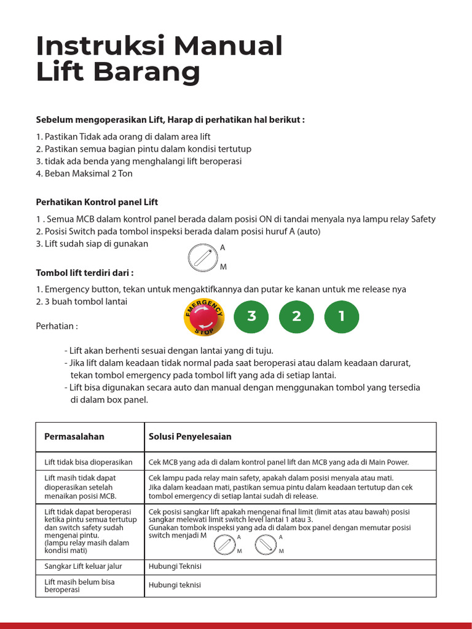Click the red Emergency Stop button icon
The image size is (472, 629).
[204, 317]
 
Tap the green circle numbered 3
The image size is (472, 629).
[251, 316]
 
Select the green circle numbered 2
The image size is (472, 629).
[297, 316]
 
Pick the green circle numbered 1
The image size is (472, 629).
[342, 316]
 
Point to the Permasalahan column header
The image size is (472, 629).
[74, 437]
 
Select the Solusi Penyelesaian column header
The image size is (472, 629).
[190, 437]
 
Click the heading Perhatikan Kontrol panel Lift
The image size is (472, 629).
[96, 202]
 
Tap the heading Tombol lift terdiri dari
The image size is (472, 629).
[85, 272]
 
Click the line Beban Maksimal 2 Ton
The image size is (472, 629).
[84, 173]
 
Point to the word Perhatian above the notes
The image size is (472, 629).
[57, 325]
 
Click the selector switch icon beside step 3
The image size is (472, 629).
[200, 256]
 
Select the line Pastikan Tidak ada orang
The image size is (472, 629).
[123, 136]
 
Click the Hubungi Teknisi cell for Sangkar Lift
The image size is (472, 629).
[175, 566]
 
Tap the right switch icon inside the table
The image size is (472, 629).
[265, 543]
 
